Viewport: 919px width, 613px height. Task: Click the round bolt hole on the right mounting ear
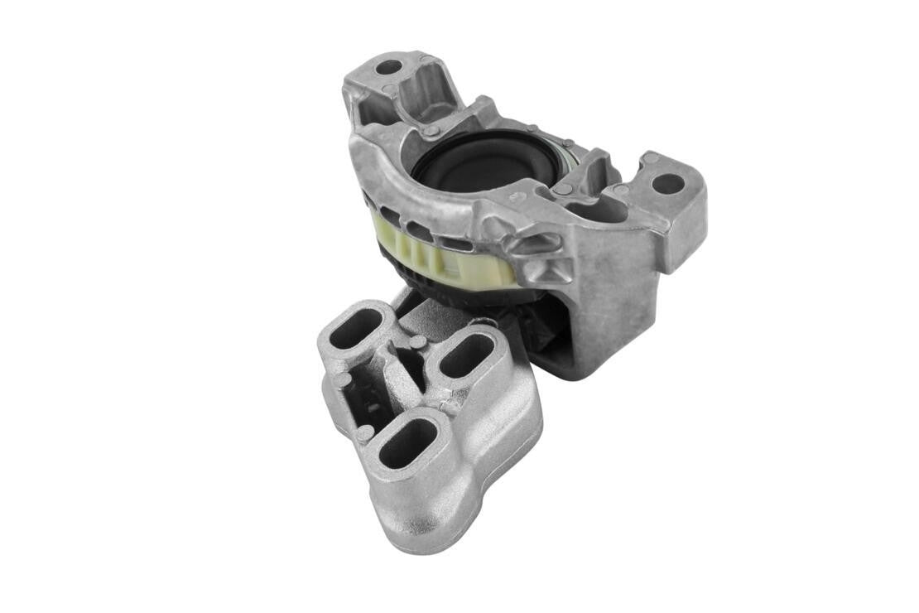(x=667, y=183)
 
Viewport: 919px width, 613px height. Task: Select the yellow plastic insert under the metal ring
(x=447, y=258)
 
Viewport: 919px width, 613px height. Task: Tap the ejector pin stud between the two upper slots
(x=418, y=342)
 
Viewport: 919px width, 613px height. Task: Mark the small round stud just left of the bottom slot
(x=365, y=432)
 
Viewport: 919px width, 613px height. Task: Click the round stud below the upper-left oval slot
(x=343, y=380)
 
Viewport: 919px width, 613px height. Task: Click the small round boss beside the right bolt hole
(x=651, y=157)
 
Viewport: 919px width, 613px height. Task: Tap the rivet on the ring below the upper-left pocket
(x=431, y=131)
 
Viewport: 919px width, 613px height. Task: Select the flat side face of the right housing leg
(x=613, y=298)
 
